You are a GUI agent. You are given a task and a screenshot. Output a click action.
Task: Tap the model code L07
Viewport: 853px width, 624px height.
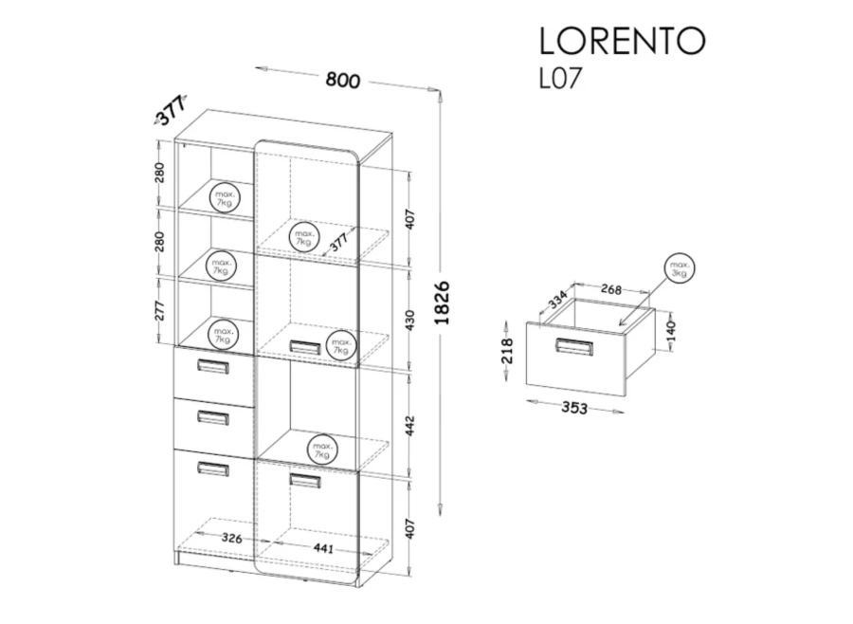coord(560,78)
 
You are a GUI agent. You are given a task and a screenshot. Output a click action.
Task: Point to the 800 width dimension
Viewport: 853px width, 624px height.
coord(343,80)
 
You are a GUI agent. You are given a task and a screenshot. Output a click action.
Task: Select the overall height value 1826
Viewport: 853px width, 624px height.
coord(443,303)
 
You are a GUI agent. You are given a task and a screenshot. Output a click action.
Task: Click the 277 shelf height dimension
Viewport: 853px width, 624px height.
coord(159,310)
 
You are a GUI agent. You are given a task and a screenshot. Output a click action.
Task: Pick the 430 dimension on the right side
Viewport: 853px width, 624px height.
coord(410,321)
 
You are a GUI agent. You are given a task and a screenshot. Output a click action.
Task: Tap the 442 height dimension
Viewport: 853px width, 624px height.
coord(410,426)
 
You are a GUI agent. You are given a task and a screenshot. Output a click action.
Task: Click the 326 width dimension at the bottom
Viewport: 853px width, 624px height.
coord(232,538)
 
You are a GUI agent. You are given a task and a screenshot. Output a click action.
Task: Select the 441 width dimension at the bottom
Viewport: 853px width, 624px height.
coord(323,548)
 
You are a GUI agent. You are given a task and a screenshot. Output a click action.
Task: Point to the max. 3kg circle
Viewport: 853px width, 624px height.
coord(680,269)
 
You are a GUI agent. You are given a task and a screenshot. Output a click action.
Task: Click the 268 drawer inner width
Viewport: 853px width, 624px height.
coord(611,288)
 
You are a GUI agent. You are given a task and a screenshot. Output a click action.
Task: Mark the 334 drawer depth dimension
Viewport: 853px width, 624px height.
coord(557,300)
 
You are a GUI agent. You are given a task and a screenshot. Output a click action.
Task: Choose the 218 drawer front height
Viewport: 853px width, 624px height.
coord(506,351)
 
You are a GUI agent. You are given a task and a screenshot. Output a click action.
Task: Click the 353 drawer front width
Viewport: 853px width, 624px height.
coord(574,407)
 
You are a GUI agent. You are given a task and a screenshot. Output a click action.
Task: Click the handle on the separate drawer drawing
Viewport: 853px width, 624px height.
coord(574,347)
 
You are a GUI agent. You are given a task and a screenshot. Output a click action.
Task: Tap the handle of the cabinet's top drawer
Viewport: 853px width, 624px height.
coord(213,366)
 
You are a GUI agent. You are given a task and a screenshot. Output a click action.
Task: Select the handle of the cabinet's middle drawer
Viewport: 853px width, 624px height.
coord(213,417)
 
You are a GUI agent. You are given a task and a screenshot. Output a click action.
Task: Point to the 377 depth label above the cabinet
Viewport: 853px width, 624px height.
coord(171,111)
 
